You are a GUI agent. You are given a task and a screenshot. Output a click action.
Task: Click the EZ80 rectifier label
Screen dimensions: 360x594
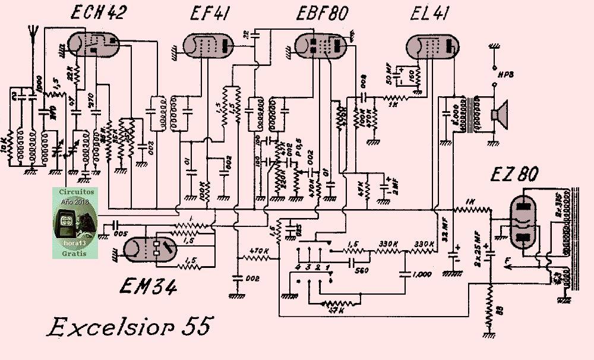[x=514, y=175]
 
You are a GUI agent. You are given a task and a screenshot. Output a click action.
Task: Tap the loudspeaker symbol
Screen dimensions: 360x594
[x=501, y=114]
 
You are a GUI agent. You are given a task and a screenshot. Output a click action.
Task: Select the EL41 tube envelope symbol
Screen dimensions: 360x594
[x=432, y=46]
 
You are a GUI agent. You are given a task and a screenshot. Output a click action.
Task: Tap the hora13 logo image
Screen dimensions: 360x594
[x=74, y=223]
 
